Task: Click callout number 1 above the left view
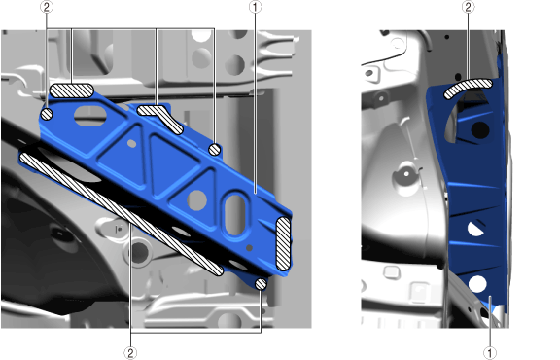pos(255,7)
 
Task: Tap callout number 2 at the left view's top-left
pos(47,7)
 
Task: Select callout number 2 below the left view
pos(130,353)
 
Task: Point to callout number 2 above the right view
pos(469,7)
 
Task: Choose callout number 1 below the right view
pos(490,353)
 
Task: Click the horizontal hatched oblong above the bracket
pos(71,90)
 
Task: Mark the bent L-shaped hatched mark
pos(160,118)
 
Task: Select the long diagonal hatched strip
pos(122,214)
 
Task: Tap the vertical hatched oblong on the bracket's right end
pos(284,243)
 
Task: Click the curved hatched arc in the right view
pos(468,87)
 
